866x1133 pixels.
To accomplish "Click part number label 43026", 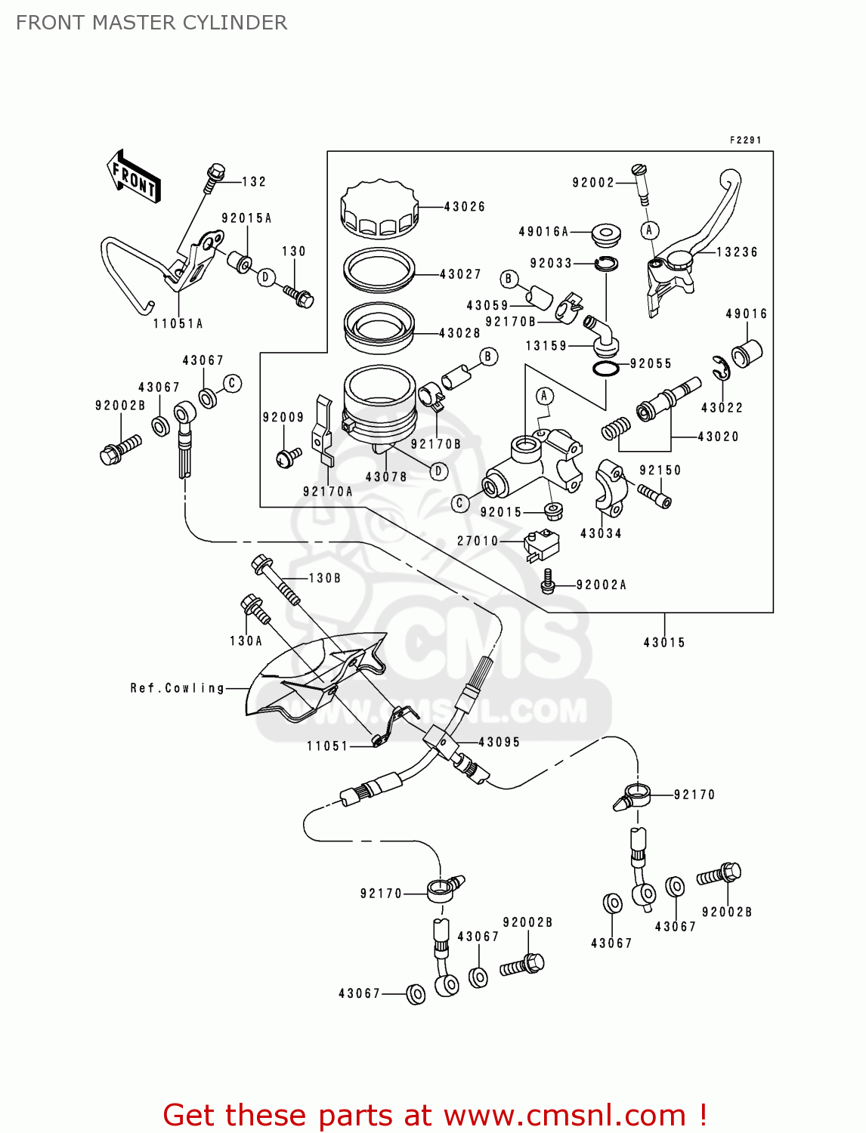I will point(464,206).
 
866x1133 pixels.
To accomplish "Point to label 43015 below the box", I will point(664,643).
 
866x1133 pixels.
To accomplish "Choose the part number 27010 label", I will point(478,541).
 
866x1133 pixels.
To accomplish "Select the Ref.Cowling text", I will point(177,688).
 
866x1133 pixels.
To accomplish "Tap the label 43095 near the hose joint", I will point(499,742).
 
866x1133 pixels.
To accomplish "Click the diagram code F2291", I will point(745,140).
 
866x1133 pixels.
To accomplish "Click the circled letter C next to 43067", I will point(232,383).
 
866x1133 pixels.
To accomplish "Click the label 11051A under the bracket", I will point(178,323).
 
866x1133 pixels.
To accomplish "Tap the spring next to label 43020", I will point(615,429).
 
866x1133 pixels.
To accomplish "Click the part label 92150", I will point(660,470).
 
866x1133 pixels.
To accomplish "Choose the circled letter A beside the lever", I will point(649,230).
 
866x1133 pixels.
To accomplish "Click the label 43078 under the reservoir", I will point(386,477).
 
